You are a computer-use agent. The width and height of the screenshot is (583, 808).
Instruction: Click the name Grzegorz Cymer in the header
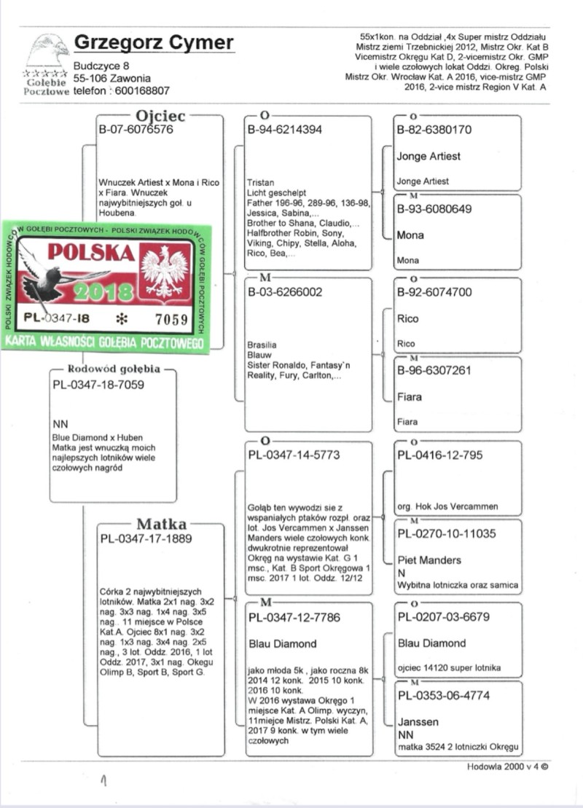pyautogui.click(x=154, y=44)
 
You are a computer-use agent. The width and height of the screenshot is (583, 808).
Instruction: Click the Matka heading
pyautogui.click(x=161, y=524)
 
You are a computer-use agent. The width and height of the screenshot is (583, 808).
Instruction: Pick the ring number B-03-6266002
pyautogui.click(x=285, y=292)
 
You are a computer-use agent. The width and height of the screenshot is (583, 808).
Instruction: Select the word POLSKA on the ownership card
pyautogui.click(x=91, y=253)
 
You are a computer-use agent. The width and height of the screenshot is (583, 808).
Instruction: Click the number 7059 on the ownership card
pyautogui.click(x=170, y=318)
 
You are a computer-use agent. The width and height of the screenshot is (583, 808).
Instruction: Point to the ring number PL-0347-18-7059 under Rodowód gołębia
pyautogui.click(x=99, y=384)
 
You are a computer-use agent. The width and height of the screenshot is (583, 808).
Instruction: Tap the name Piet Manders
pyautogui.click(x=429, y=560)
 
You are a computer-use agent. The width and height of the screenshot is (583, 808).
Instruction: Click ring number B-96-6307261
pyautogui.click(x=434, y=371)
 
